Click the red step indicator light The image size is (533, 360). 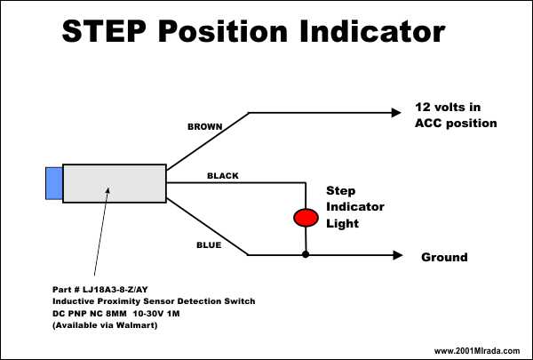click(306, 218)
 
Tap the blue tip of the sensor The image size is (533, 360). click(54, 183)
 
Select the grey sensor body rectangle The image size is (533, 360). click(115, 183)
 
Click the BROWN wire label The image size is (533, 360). click(205, 126)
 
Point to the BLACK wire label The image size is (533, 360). click(223, 176)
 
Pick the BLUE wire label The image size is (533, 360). click(209, 245)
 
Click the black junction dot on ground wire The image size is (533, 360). click(306, 254)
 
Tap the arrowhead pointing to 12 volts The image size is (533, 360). click(396, 113)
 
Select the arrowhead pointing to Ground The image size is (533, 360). click(398, 255)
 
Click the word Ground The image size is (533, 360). click(444, 257)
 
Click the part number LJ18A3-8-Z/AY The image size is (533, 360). click(115, 290)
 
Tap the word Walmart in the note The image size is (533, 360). click(135, 325)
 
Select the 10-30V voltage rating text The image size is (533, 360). click(148, 314)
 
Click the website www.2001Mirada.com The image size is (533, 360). click(477, 351)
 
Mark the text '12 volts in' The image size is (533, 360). click(448, 108)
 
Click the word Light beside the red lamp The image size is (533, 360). click(342, 223)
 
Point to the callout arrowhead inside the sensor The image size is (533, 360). click(107, 190)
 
